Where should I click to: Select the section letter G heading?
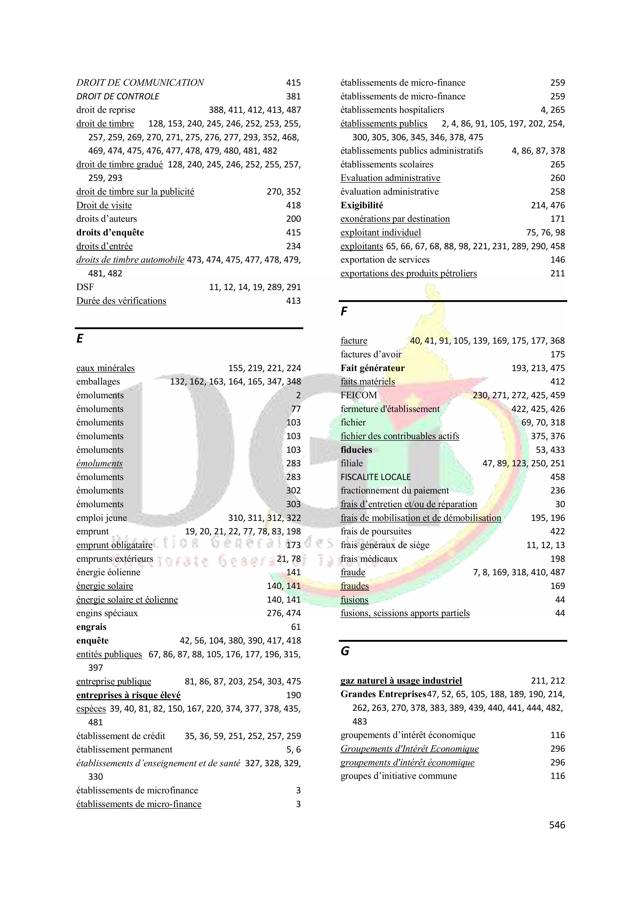point(345,651)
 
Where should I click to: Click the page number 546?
point(557,825)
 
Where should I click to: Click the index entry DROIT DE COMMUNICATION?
point(140,83)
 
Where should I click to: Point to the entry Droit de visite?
point(104,205)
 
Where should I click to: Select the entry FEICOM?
point(359,395)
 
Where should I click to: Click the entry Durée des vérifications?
point(121,301)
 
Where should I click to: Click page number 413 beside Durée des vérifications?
point(293,301)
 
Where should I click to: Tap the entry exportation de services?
point(385,260)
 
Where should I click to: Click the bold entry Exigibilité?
point(361,205)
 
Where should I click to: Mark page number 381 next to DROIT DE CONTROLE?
point(293,97)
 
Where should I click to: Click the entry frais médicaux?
point(369,559)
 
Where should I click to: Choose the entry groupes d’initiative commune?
point(398,776)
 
